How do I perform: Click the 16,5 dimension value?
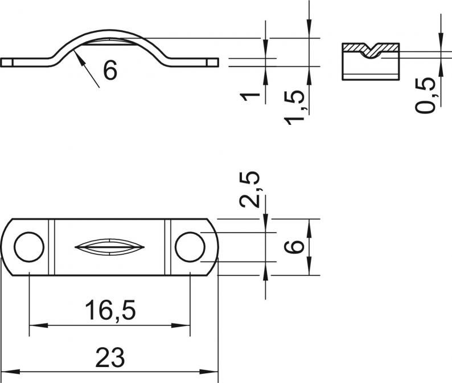pyautogui.click(x=110, y=310)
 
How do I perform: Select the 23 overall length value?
pyautogui.click(x=110, y=357)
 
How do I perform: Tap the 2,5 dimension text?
pyautogui.click(x=250, y=189)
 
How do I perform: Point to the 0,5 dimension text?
pyautogui.click(x=426, y=95)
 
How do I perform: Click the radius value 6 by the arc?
pyautogui.click(x=110, y=70)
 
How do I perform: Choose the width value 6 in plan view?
pyautogui.click(x=294, y=247)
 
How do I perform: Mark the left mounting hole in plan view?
pyautogui.click(x=29, y=247)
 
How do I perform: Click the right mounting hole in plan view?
pyautogui.click(x=190, y=247)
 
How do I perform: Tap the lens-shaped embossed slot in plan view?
pyautogui.click(x=109, y=247)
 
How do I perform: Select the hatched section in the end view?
pyautogui.click(x=371, y=49)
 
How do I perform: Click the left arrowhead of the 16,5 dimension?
pyautogui.click(x=38, y=325)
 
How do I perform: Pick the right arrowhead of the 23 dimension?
pyautogui.click(x=209, y=372)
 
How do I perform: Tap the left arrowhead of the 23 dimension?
pyautogui.click(x=11, y=372)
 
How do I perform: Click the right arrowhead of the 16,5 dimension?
pyautogui.click(x=180, y=325)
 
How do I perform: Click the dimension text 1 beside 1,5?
pyautogui.click(x=250, y=97)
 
